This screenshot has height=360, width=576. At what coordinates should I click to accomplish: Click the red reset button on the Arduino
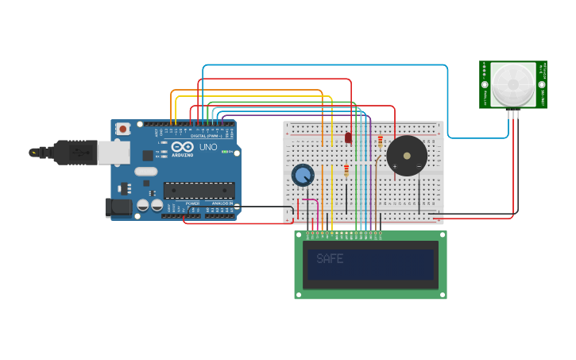click(122, 129)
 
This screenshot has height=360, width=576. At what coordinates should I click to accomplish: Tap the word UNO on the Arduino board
click(207, 147)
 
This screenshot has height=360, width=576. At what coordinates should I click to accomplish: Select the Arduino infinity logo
click(182, 147)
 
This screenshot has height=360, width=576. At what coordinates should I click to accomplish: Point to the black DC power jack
click(118, 207)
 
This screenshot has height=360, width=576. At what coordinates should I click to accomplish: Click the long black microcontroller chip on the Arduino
click(199, 191)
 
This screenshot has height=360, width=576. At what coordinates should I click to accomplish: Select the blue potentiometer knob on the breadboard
click(303, 175)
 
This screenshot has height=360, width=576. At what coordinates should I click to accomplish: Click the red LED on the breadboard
click(348, 137)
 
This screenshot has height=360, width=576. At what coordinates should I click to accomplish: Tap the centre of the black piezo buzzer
click(407, 155)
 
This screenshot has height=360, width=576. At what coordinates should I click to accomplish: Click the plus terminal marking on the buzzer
click(395, 166)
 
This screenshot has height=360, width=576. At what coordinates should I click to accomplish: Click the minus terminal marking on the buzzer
click(419, 166)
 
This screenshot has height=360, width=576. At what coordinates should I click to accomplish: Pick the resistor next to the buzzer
click(380, 142)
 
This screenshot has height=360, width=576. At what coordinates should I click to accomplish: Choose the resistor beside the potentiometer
click(346, 170)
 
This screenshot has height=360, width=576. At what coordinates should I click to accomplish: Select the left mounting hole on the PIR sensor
click(484, 84)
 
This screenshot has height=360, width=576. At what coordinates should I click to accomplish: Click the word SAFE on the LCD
click(330, 258)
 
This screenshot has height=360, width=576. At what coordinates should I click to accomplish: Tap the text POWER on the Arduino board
click(193, 203)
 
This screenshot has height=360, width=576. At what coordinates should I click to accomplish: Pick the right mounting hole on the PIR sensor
click(542, 84)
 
